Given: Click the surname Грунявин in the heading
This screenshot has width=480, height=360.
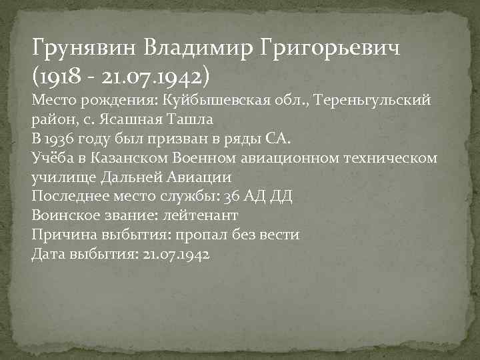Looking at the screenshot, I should coord(83,49).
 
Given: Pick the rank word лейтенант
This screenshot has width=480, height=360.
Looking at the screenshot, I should coord(201,216).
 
